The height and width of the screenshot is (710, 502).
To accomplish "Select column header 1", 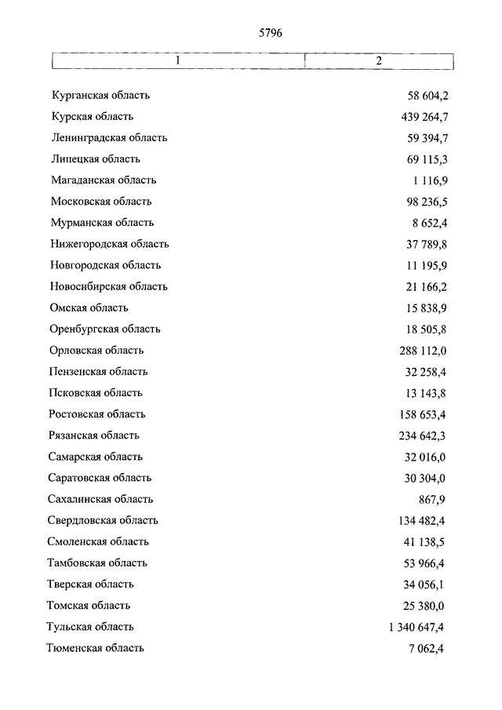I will tap(178, 60).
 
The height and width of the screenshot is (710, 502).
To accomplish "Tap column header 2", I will tap(378, 60).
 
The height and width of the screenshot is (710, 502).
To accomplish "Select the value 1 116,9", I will tap(427, 180).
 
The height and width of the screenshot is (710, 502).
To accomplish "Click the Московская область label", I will tap(101, 202).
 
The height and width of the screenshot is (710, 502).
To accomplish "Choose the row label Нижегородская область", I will tap(109, 244).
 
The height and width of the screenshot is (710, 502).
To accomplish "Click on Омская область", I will tap(89, 308).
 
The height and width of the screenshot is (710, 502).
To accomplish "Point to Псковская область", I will tap(96, 393).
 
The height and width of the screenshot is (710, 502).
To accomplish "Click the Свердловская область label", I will tap(103, 520).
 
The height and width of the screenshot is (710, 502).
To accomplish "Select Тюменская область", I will tap(96, 648).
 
